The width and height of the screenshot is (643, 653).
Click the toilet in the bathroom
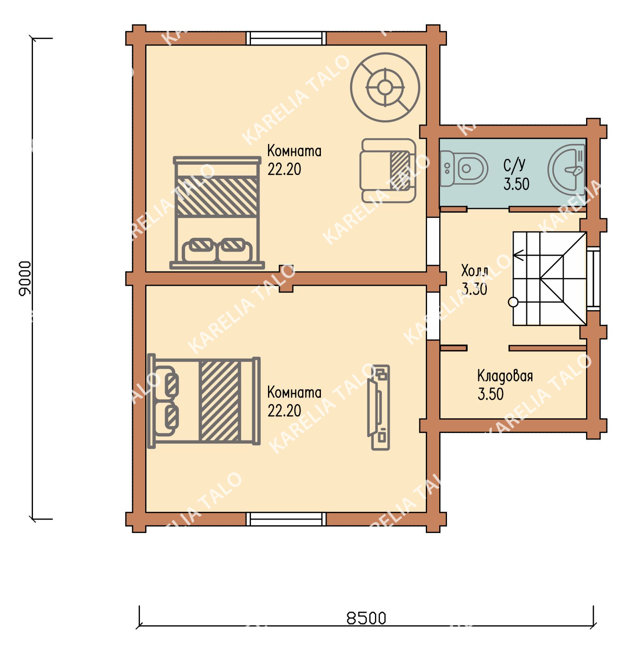(x=464, y=168)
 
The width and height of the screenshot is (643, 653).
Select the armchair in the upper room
(x=388, y=170)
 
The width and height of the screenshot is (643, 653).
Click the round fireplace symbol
(x=385, y=87)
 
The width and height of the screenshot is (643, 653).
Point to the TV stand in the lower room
(x=379, y=407)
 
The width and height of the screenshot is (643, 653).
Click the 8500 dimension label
(x=366, y=618)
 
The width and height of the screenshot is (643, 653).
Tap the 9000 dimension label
(x=25, y=279)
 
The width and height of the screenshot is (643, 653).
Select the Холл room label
(x=475, y=270)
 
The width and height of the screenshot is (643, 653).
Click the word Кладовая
(x=505, y=376)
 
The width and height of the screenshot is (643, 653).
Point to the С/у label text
(x=514, y=165)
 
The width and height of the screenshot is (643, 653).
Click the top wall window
(x=286, y=38)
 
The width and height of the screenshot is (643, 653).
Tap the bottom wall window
(x=286, y=519)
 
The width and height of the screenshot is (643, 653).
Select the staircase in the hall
(x=549, y=279)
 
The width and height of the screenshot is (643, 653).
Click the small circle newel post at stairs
(x=513, y=302)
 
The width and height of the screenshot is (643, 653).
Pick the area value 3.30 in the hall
(x=474, y=289)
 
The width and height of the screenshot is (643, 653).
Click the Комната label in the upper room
(x=294, y=151)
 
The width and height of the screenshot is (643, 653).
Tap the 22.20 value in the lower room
(x=284, y=411)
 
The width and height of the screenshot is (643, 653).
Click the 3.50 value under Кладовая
(x=490, y=394)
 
